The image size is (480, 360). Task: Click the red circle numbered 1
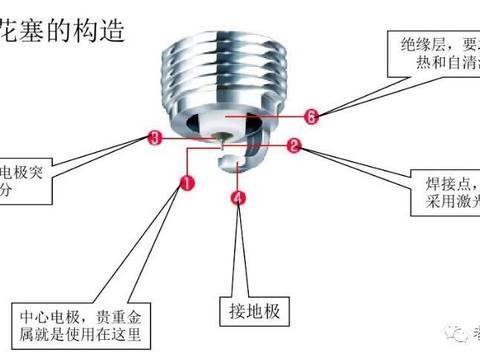coord(187,183)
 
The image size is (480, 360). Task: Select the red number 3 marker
coord(153,136)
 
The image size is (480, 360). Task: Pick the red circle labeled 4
coord(237,198)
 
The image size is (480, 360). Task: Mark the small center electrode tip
coord(221,144)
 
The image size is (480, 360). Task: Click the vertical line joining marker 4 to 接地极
coord(237,250)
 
